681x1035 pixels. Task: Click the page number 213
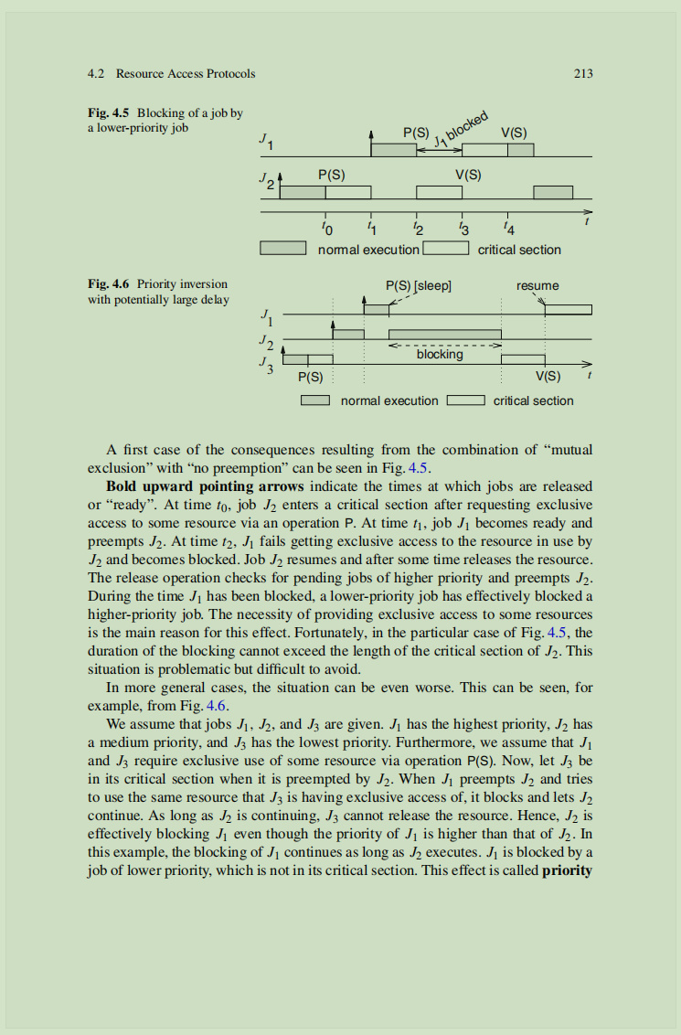coord(583,73)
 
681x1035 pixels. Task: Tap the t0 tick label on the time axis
coord(328,226)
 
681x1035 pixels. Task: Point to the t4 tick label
coord(508,226)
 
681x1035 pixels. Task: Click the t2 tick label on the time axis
coord(418,226)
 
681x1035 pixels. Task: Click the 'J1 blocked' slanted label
coord(461,129)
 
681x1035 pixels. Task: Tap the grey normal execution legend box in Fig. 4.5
coord(282,249)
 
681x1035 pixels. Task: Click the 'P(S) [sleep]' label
coord(420,285)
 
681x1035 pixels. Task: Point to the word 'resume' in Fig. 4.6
coord(537,285)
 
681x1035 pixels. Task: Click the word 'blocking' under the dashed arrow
coord(440,355)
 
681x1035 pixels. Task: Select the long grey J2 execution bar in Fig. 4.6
coord(445,334)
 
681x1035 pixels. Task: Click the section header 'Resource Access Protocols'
coord(186,73)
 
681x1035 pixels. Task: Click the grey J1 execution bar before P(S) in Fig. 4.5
coord(393,150)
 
